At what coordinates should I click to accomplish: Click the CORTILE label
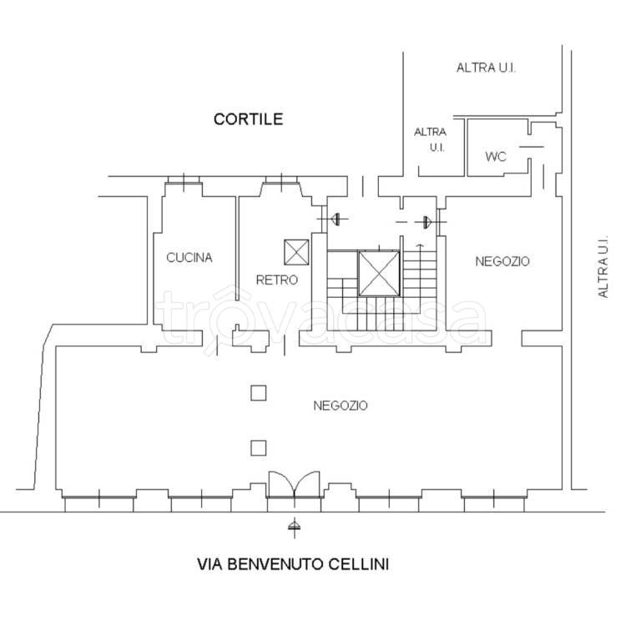point(248,119)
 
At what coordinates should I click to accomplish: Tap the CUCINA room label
point(189,258)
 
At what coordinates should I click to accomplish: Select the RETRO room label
point(277,280)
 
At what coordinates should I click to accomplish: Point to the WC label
point(496,157)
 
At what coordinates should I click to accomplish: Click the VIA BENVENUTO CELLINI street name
point(293,564)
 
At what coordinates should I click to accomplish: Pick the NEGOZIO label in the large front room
point(341,406)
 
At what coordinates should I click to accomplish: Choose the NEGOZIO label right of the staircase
point(502,261)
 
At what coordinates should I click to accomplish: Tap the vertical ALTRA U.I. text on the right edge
point(603,266)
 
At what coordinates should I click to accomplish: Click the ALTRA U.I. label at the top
point(486,68)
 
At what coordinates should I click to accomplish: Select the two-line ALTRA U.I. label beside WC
point(430,139)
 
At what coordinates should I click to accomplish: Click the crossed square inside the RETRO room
point(297,252)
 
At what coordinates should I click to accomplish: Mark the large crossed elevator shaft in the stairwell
point(379,274)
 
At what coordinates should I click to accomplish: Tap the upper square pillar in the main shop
point(259,393)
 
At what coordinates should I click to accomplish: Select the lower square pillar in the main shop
point(259,448)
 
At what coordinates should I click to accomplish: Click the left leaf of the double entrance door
point(281,484)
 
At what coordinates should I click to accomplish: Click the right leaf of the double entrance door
point(307,484)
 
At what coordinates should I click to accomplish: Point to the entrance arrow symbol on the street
point(294,526)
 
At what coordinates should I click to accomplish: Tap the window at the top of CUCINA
point(184,180)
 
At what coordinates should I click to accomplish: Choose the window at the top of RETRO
point(281,180)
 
